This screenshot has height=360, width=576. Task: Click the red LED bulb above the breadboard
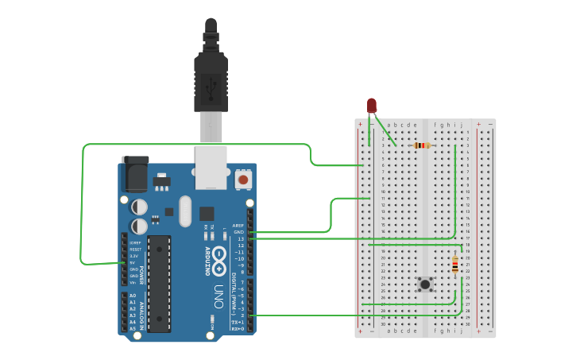click(x=372, y=106)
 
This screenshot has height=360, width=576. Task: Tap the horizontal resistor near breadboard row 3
click(x=423, y=145)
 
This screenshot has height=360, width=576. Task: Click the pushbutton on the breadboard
click(x=426, y=284)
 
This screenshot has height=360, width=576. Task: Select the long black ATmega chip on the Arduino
click(x=159, y=283)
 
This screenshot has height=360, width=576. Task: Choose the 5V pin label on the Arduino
click(x=133, y=262)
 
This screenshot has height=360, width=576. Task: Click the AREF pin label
click(x=238, y=226)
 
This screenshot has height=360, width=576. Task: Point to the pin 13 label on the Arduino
click(x=241, y=238)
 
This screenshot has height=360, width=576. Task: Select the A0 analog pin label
click(x=133, y=296)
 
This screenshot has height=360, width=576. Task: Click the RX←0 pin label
click(x=238, y=327)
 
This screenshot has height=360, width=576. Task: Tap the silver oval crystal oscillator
click(x=185, y=211)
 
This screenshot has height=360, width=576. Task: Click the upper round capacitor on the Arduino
click(x=139, y=207)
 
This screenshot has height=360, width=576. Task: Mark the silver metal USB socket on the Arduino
click(x=211, y=166)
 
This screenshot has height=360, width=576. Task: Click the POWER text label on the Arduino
click(x=142, y=275)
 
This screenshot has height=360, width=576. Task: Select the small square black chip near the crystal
click(x=207, y=213)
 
